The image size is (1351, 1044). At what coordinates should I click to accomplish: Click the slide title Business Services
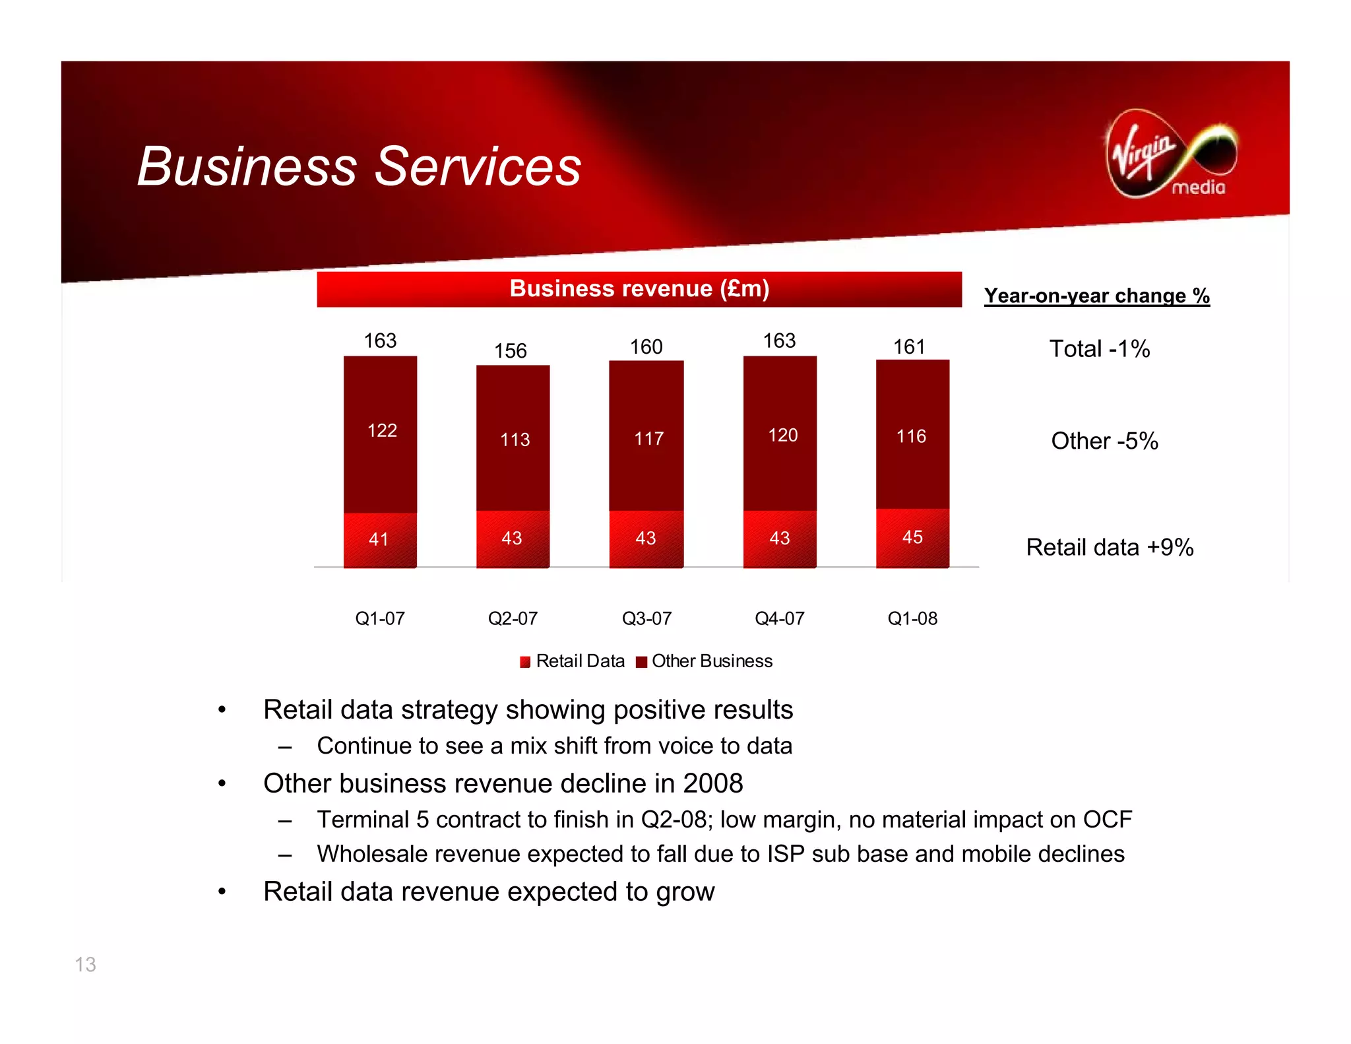point(359,166)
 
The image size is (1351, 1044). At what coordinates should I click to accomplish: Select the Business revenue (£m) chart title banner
point(639,289)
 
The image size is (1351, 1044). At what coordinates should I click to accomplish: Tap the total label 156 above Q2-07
point(511,350)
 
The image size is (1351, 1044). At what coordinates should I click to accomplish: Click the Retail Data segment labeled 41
point(379,539)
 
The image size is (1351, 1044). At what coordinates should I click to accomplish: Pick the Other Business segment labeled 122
point(381,431)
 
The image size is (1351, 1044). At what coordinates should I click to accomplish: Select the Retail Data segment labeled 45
point(912,537)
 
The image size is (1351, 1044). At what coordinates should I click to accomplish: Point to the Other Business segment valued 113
point(514,440)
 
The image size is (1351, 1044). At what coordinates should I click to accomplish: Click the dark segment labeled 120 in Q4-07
point(782,435)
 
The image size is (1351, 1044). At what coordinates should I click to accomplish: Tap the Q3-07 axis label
point(646,618)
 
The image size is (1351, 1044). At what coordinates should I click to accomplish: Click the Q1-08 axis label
point(912,618)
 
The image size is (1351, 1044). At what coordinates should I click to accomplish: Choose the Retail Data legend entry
point(572,661)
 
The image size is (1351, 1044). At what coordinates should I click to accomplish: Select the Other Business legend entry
point(705,661)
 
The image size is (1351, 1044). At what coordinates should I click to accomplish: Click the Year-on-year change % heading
point(1096,296)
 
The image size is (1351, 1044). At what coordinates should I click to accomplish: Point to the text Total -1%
point(1099,348)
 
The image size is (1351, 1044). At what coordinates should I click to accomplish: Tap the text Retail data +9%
point(1110,547)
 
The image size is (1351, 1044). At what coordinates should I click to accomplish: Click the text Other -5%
point(1104,441)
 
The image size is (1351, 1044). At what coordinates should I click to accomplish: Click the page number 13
point(85,965)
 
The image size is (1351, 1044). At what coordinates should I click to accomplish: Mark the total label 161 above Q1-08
point(909,346)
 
